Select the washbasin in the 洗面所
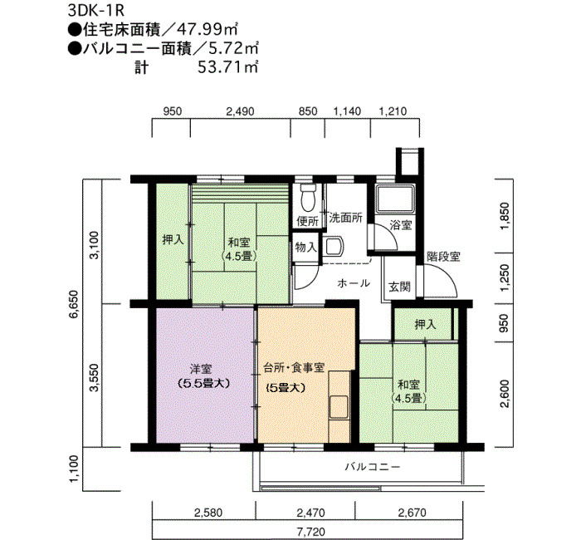pyautogui.click(x=334, y=246)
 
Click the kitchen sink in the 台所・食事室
pyautogui.click(x=339, y=406)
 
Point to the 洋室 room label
pyautogui.click(x=201, y=369)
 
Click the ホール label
pyautogui.click(x=354, y=283)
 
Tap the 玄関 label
pyautogui.click(x=400, y=287)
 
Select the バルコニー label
pyautogui.click(x=373, y=467)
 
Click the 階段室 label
pyautogui.click(x=443, y=257)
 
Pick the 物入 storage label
pyautogui.click(x=305, y=247)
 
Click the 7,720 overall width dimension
pyautogui.click(x=310, y=533)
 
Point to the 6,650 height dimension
pyautogui.click(x=73, y=304)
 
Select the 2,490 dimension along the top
pyautogui.click(x=241, y=111)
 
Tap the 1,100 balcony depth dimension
pyautogui.click(x=73, y=469)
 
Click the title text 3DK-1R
pyautogui.click(x=95, y=10)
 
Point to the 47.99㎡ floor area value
pyautogui.click(x=207, y=29)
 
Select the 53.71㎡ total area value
pyautogui.click(x=228, y=67)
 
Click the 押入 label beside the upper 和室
pyautogui.click(x=173, y=240)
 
